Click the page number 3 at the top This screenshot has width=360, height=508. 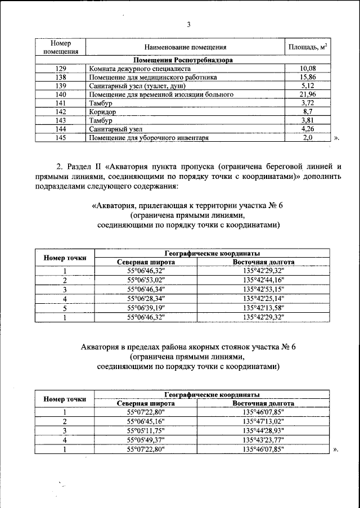[x=188, y=24]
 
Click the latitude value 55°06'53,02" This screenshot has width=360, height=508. [x=146, y=280]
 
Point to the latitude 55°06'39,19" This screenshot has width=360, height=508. [x=146, y=308]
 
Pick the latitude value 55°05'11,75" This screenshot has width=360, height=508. [x=146, y=431]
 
